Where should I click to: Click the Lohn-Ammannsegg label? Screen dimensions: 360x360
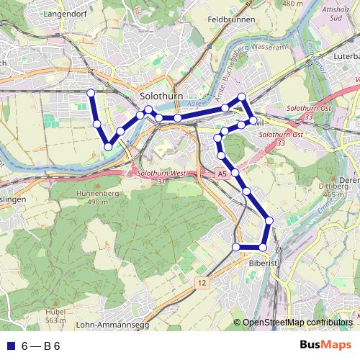click(111, 325)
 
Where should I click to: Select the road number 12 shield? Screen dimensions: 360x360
click(201, 283)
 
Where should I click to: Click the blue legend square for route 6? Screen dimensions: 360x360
click(9, 346)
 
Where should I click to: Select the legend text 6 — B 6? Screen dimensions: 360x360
click(40, 346)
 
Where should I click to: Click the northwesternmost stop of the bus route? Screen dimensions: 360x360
click(91, 92)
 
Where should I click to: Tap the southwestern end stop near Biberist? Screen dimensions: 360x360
click(235, 248)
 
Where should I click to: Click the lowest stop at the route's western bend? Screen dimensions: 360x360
click(107, 146)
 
